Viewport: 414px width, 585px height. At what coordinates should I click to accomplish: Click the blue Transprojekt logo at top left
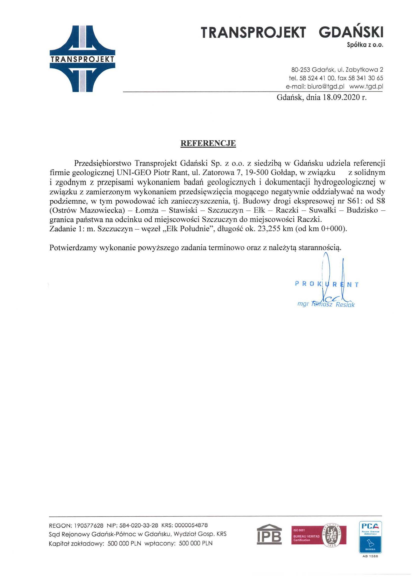point(82,59)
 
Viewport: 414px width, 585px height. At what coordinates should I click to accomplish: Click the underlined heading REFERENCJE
point(208,144)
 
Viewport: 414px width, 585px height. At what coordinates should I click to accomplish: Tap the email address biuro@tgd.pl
point(326,86)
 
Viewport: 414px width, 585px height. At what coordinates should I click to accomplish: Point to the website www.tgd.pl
point(366,86)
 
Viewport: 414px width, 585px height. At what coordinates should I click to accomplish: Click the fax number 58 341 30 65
point(368,78)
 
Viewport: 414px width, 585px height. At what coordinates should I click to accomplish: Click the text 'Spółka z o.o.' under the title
point(365,45)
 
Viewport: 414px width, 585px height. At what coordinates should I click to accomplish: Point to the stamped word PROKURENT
point(327,284)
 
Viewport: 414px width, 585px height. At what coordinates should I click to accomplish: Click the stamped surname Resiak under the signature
point(345,305)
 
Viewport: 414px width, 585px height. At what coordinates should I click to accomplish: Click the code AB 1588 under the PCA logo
point(370,557)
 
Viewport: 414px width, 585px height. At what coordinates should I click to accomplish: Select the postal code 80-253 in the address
point(300,70)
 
